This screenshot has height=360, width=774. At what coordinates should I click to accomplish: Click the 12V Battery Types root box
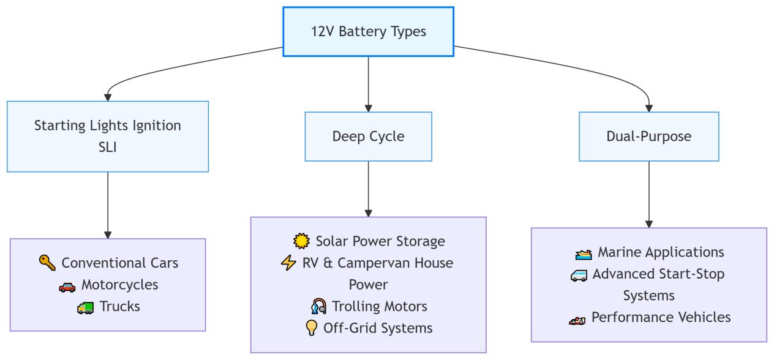tap(368, 32)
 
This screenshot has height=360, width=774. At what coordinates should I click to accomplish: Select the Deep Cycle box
tap(368, 137)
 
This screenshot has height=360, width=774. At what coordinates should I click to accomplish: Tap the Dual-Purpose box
tap(648, 137)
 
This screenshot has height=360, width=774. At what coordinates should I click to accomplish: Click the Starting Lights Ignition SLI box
tap(108, 136)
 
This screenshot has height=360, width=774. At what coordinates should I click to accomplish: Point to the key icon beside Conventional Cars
tap(47, 263)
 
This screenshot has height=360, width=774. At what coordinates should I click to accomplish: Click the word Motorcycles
tap(119, 285)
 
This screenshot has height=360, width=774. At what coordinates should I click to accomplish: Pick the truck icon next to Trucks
tap(85, 307)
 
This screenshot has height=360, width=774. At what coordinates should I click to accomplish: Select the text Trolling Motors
tap(380, 306)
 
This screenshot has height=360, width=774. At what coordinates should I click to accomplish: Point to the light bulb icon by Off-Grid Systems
tap(312, 328)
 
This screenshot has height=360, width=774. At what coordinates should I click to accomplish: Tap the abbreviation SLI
tap(108, 147)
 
